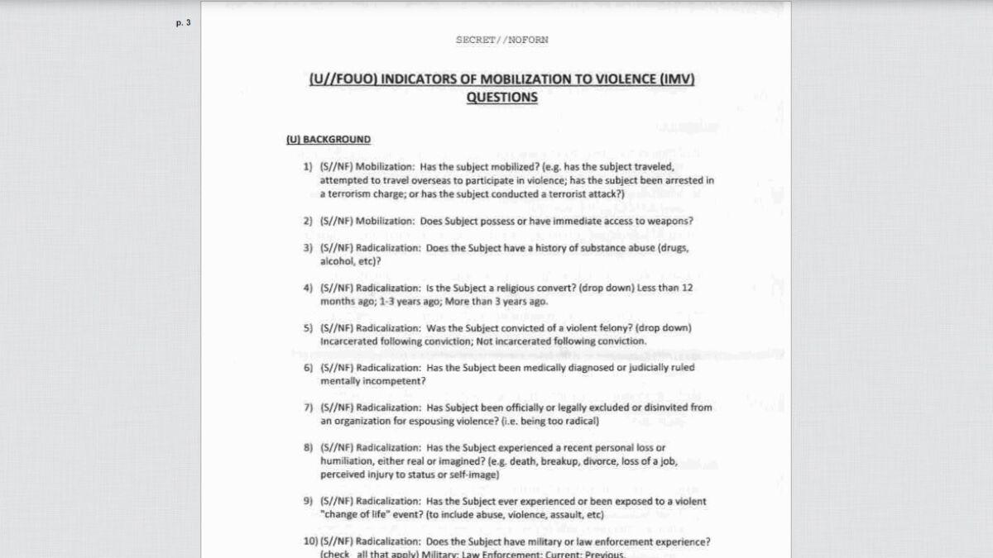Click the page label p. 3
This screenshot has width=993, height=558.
pos(183,23)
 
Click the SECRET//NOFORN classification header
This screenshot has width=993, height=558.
pos(501,40)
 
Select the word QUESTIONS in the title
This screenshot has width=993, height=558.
pos(501,98)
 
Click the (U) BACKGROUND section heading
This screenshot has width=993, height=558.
pos(329,140)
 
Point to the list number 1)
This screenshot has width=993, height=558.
pos(308,167)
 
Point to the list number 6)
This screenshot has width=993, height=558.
pos(308,368)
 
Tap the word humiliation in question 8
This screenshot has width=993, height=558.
pos(348,461)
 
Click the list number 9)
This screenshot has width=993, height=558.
pos(308,501)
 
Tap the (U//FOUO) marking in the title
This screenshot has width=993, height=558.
pos(338,80)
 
